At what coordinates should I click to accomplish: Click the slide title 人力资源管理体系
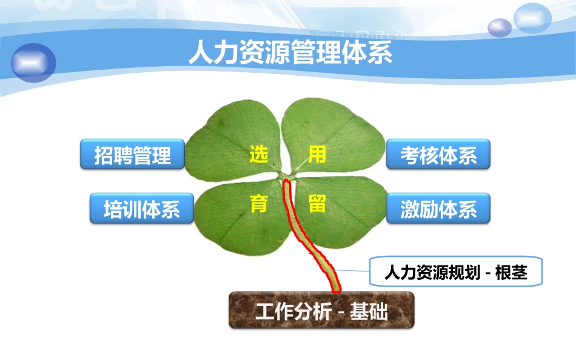click(x=290, y=52)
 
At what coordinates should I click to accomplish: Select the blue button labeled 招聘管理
click(x=133, y=155)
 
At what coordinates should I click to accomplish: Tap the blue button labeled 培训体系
click(x=142, y=209)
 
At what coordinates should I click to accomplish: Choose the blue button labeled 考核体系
click(x=438, y=155)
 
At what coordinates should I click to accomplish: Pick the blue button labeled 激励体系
click(x=438, y=209)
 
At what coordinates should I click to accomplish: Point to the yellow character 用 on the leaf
click(x=317, y=155)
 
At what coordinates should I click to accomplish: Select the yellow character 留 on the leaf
click(x=317, y=204)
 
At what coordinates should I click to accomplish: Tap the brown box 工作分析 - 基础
click(x=321, y=312)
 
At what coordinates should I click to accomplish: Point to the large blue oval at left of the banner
click(x=33, y=62)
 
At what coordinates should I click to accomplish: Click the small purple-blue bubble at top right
click(x=500, y=27)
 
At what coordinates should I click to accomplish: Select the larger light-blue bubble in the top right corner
click(x=532, y=18)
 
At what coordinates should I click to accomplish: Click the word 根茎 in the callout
click(x=511, y=273)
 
